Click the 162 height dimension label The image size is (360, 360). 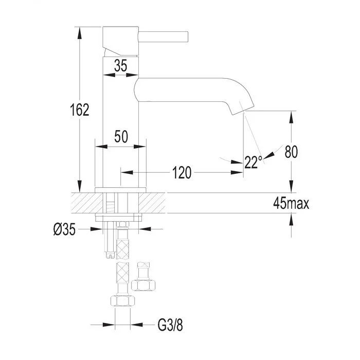pyautogui.click(x=79, y=110)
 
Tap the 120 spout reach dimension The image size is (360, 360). pyautogui.click(x=182, y=173)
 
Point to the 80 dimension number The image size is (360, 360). pyautogui.click(x=291, y=152)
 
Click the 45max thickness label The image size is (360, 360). pyautogui.click(x=291, y=203)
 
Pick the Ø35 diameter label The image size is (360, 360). pyautogui.click(x=64, y=229)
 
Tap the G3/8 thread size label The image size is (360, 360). pyautogui.click(x=170, y=325)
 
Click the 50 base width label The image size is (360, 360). pyautogui.click(x=121, y=136)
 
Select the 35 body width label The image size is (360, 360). pyautogui.click(x=120, y=65)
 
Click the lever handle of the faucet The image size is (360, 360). pyautogui.click(x=163, y=37)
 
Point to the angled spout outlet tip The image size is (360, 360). pyautogui.click(x=243, y=111)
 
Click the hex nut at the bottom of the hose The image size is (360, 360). pyautogui.click(x=122, y=301)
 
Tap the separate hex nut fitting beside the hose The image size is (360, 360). pyautogui.click(x=143, y=285)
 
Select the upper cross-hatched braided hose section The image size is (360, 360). pyautogui.click(x=122, y=248)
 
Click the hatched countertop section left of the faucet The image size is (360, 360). pyautogui.click(x=87, y=203)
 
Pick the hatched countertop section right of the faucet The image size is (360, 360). pyautogui.click(x=152, y=203)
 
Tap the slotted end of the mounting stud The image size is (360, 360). pyautogui.click(x=110, y=255)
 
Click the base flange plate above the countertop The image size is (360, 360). pyautogui.click(x=120, y=190)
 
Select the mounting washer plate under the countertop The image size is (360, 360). pyautogui.click(x=118, y=218)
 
